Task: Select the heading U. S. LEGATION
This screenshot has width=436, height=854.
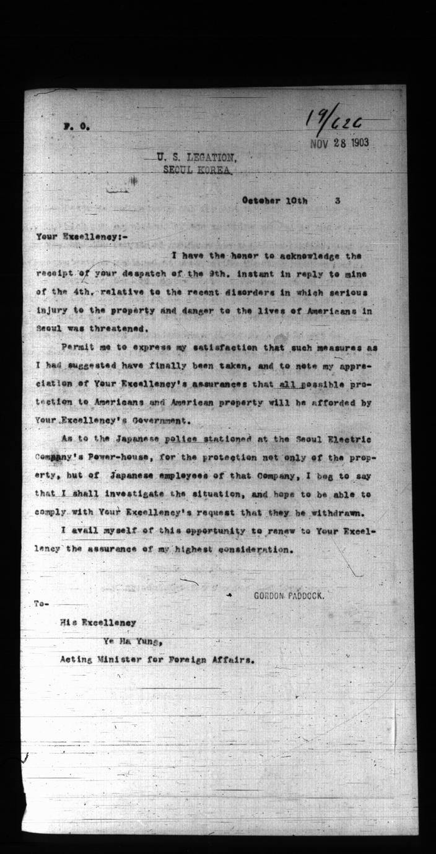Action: tap(197, 158)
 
